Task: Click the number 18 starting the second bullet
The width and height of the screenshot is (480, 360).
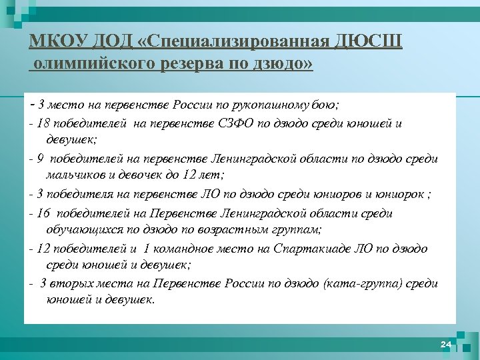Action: click(x=45, y=123)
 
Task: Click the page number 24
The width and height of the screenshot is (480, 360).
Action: click(x=445, y=344)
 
